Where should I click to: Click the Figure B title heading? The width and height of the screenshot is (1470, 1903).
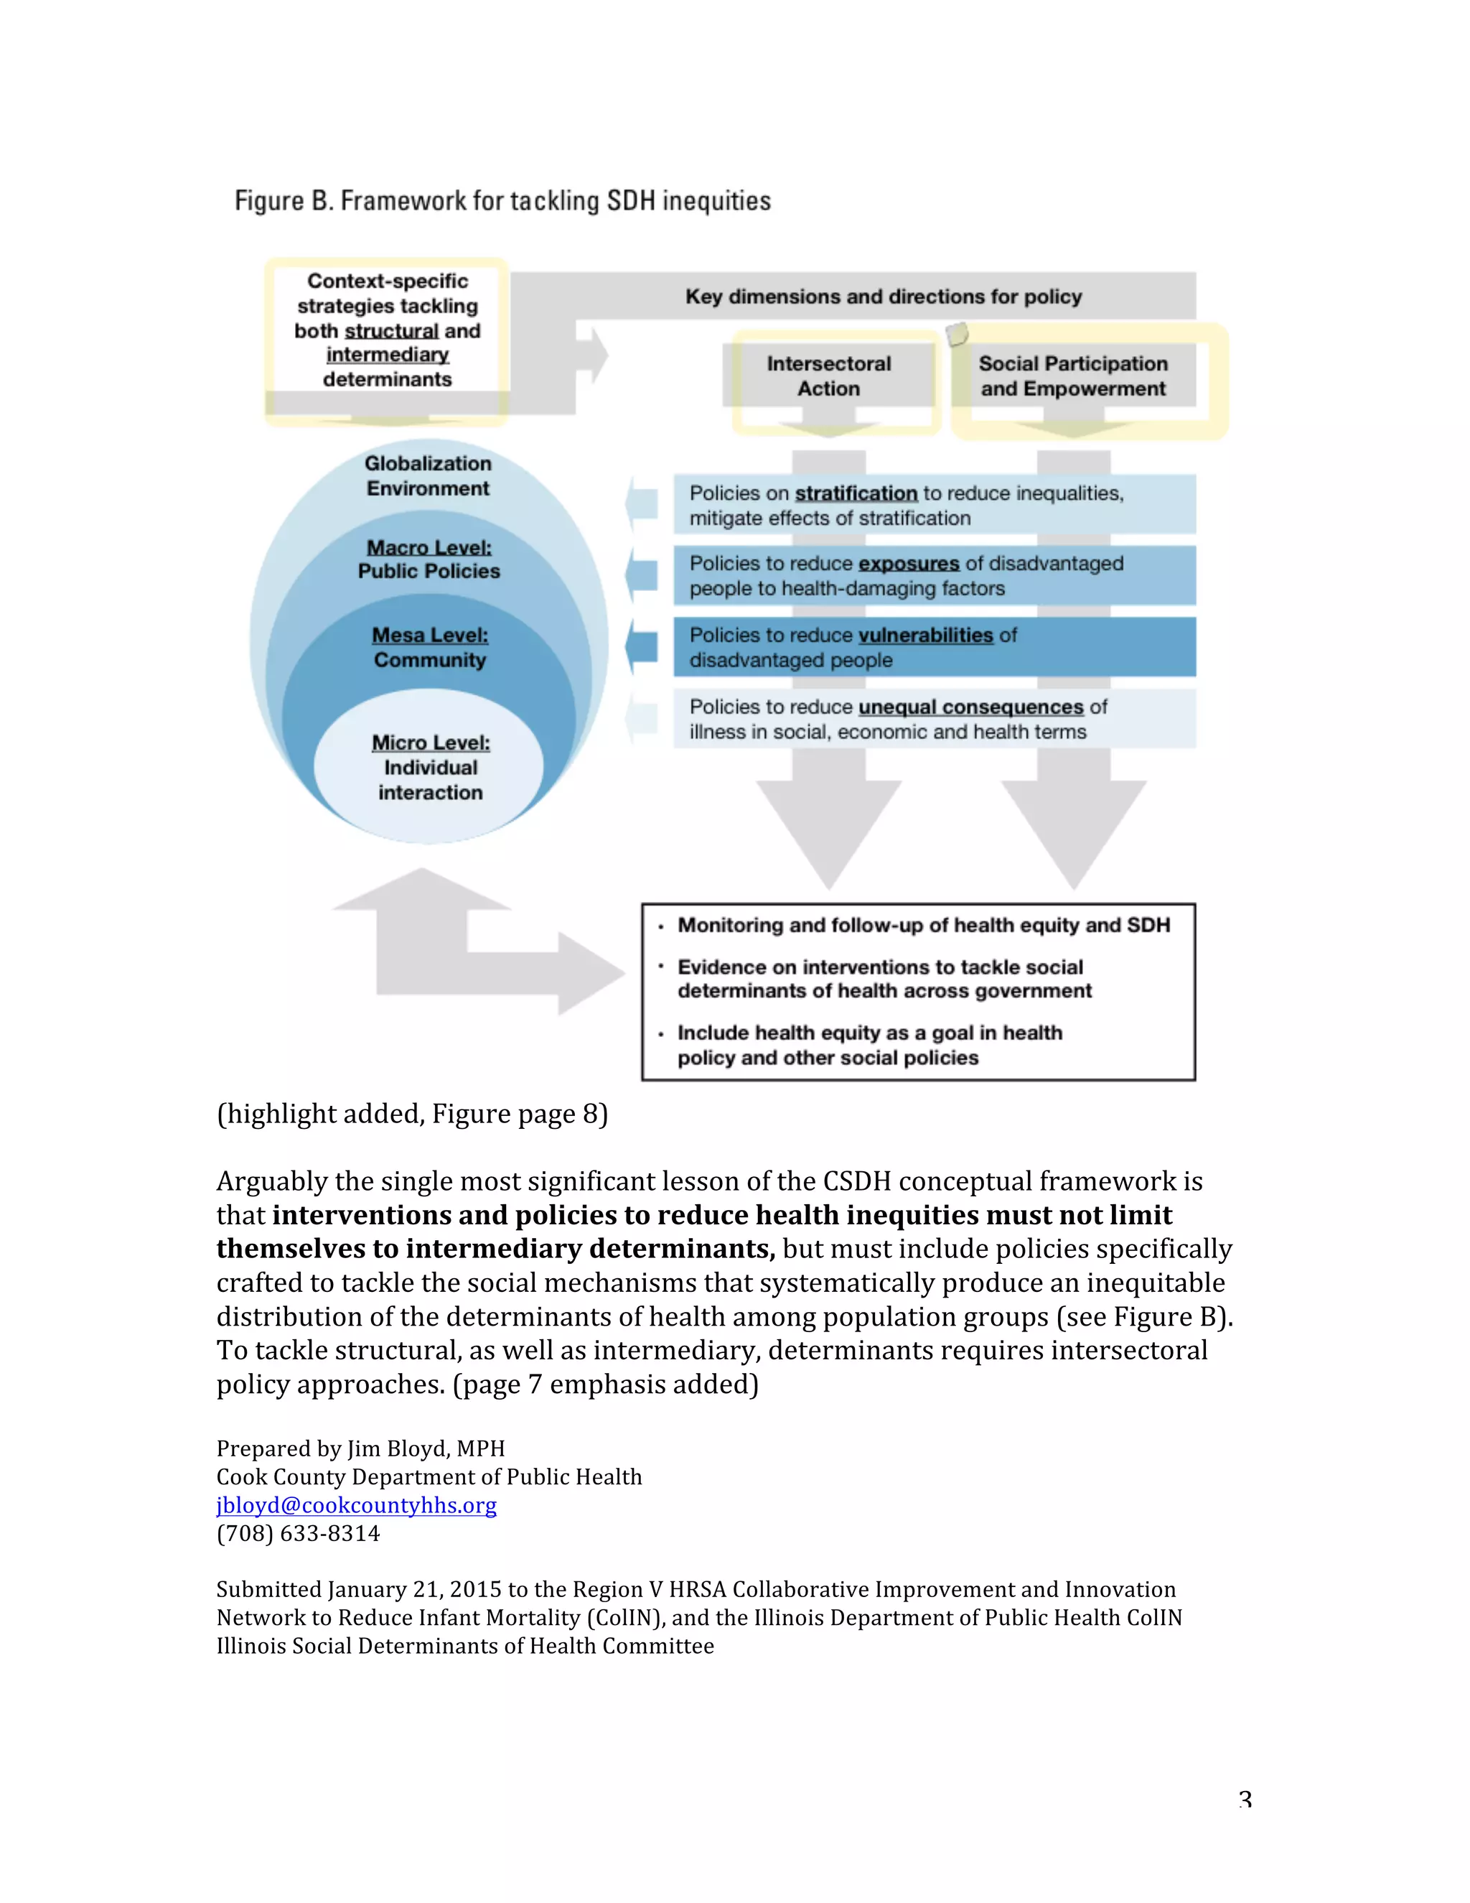tap(502, 201)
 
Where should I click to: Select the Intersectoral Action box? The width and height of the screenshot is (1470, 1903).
tap(828, 376)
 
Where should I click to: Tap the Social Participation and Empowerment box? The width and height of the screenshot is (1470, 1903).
tap(1073, 376)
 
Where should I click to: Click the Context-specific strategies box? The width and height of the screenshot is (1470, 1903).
tap(388, 330)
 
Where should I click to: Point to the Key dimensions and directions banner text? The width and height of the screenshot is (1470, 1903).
tap(883, 297)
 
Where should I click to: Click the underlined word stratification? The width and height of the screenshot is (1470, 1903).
tap(856, 494)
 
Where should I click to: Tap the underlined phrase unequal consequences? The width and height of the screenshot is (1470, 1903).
tap(970, 707)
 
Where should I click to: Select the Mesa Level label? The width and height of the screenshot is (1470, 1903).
tap(429, 636)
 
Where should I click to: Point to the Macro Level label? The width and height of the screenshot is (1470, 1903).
tap(429, 548)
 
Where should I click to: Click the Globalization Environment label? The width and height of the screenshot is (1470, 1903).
tap(428, 475)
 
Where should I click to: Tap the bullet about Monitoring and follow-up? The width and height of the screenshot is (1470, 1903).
tap(923, 926)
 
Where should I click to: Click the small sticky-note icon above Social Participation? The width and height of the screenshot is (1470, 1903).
tap(956, 334)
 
